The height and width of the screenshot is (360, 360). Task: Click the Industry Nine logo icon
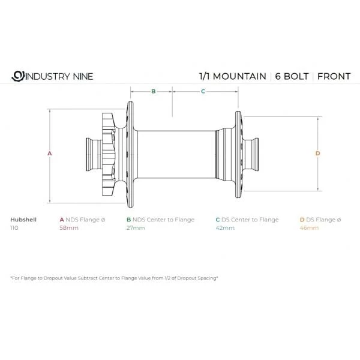17,76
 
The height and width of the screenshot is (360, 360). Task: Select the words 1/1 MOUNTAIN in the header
232,76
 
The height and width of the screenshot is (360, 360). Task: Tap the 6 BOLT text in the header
291,76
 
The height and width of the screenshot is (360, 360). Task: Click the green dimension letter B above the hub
153,92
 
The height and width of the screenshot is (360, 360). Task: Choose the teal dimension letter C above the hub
203,92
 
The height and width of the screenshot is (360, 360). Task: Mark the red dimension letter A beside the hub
50,154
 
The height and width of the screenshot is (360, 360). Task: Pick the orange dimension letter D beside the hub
317,154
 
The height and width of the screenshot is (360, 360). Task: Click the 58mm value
68,229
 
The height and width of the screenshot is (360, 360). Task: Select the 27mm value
135,229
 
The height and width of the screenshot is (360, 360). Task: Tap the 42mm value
224,229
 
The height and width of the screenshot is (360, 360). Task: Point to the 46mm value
309,229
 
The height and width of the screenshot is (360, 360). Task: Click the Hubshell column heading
23,220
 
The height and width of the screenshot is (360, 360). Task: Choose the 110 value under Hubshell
15,229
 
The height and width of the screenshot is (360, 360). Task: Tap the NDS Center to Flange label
160,220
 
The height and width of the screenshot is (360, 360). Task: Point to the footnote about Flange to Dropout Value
114,278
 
